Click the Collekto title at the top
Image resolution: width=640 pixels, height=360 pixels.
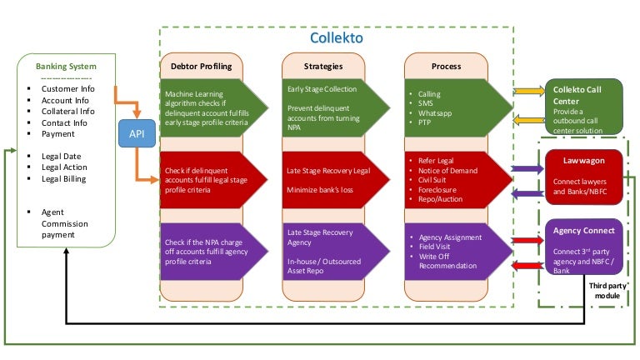pyautogui.click(x=336, y=37)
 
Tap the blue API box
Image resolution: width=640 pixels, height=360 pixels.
pyautogui.click(x=136, y=132)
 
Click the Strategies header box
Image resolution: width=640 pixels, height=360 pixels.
pyautogui.click(x=324, y=66)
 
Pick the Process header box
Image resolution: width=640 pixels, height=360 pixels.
pyautogui.click(x=446, y=66)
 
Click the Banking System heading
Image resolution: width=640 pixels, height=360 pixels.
pyautogui.click(x=66, y=66)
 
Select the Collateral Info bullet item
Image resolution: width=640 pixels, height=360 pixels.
pyautogui.click(x=67, y=111)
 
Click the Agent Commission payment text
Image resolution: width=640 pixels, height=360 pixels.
pyautogui.click(x=64, y=223)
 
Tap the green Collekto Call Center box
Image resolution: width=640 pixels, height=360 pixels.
pyautogui.click(x=584, y=106)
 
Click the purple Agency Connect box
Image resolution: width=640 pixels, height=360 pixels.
pyautogui.click(x=584, y=247)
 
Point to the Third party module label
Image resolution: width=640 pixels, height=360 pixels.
pyautogui.click(x=606, y=291)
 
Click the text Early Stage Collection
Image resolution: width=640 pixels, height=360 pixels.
pyautogui.click(x=322, y=90)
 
